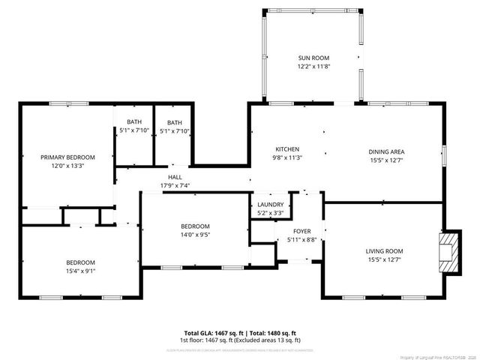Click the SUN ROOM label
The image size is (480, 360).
[313, 58]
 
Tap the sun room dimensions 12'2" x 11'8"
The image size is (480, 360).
[313, 66]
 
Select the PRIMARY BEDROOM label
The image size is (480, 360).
[67, 157]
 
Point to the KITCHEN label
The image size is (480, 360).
[287, 149]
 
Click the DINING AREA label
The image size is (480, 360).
[386, 151]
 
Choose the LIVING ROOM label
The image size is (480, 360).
[384, 251]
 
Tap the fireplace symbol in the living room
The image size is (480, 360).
[448, 250]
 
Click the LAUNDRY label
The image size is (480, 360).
[270, 205]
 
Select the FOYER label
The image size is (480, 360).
[301, 231]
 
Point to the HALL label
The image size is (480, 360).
[175, 177]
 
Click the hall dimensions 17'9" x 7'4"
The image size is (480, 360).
[175, 185]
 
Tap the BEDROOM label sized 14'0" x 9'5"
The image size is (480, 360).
[194, 226]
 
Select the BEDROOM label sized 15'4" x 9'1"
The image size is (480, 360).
[80, 262]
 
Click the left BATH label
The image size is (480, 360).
[133, 122]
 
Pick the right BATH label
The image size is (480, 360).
[174, 122]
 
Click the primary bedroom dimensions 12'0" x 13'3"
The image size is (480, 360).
[67, 166]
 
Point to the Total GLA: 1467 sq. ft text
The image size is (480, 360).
[211, 332]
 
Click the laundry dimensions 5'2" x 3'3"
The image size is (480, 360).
[270, 213]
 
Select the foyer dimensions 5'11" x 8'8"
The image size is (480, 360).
[301, 240]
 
